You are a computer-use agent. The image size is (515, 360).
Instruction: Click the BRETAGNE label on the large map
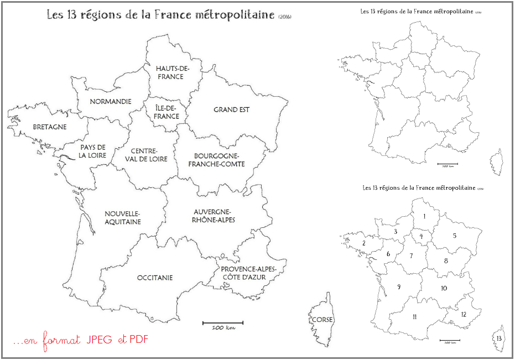point(50,127)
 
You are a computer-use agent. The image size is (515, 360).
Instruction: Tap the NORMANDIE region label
point(111,101)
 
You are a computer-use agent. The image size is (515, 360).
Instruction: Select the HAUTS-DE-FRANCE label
point(170,72)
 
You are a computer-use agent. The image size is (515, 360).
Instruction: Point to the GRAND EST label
point(231,109)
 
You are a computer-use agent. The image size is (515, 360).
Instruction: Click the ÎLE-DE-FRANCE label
point(167,112)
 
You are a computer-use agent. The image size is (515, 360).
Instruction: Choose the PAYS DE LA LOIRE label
point(93,151)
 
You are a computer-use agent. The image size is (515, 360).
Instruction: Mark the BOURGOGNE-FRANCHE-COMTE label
point(216,160)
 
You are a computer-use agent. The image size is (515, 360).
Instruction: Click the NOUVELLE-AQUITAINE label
point(123,217)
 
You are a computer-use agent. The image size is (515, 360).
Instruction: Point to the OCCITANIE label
point(155,278)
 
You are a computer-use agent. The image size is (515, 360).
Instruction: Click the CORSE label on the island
point(321,320)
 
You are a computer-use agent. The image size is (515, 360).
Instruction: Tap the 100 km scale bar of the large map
point(223,322)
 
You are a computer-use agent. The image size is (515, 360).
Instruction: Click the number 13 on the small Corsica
point(499,338)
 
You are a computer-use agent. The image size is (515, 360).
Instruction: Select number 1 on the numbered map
point(424,216)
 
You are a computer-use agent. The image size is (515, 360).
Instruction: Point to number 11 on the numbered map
point(414,316)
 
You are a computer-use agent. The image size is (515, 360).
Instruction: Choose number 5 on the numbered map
point(454,236)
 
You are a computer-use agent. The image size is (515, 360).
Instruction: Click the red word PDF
point(139,339)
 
